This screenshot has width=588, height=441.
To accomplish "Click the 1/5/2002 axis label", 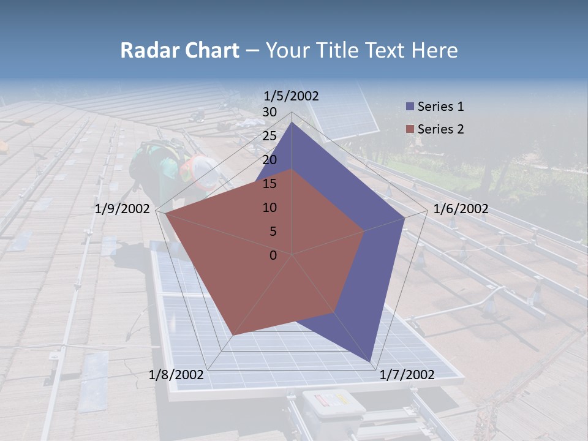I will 291,96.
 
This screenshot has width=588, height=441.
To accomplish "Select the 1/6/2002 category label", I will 461,209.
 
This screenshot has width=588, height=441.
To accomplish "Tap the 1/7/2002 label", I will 407,375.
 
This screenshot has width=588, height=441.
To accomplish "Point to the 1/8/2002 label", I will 176,375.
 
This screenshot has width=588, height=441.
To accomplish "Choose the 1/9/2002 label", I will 123,209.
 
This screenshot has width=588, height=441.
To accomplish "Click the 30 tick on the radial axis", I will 269,112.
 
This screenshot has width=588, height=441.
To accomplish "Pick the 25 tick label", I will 269,136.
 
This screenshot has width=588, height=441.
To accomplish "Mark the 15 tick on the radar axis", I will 269,184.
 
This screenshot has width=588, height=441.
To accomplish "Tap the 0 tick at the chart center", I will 273,255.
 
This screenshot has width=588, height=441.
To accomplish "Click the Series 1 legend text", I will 440,107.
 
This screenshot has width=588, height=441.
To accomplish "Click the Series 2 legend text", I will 440,129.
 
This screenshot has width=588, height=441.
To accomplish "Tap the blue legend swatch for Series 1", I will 410,107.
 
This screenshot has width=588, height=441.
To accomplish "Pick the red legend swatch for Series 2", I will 410,129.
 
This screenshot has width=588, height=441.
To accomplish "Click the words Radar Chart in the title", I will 179,50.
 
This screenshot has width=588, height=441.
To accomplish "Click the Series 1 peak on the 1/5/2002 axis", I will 292,123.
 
